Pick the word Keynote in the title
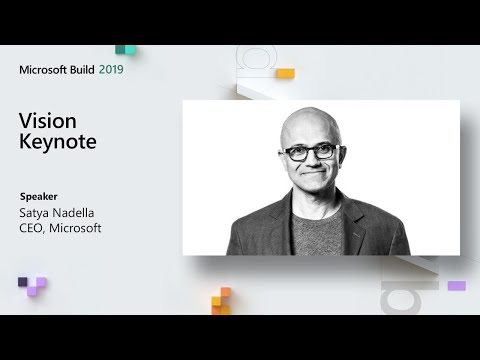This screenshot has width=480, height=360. point(58,141)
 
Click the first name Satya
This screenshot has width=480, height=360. point(33,212)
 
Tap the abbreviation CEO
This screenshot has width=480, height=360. point(33,228)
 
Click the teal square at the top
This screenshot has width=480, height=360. point(125,49)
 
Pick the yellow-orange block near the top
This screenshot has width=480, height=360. point(285,73)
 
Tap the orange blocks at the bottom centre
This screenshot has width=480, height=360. point(222,300)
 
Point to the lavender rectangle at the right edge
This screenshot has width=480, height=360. point(456,286)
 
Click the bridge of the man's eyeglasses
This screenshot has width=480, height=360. point(310,151)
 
